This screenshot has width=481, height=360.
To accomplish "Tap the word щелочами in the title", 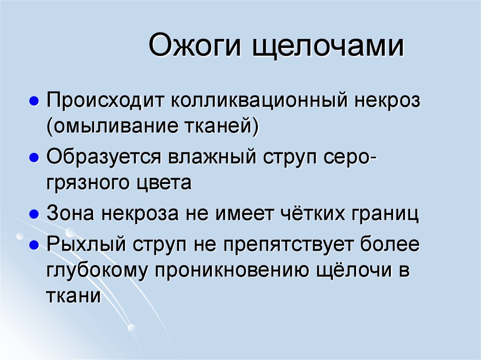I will (327, 48).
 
